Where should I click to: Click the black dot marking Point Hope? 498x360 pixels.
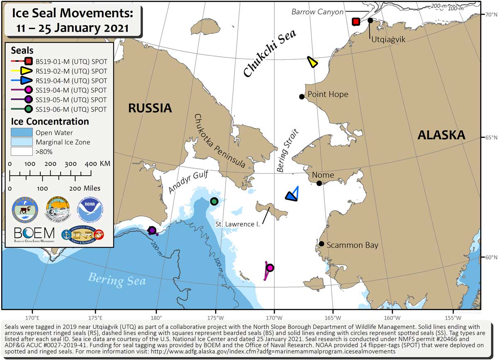click(302, 97)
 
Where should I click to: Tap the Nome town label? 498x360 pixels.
click(323, 175)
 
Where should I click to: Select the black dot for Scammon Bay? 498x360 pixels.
click(322, 244)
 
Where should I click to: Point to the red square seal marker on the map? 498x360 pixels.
click(356, 22)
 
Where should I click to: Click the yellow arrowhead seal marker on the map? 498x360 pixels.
click(312, 62)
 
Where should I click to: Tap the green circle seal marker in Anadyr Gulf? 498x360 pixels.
click(214, 201)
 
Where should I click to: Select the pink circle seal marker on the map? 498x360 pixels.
click(270, 268)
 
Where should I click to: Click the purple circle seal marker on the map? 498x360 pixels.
click(152, 230)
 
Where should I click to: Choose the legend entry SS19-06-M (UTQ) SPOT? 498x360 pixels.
click(71, 110)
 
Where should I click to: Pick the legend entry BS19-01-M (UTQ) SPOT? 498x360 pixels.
click(71, 61)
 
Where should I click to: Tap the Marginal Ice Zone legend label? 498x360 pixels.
click(63, 142)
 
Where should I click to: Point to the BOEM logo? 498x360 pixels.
click(34, 235)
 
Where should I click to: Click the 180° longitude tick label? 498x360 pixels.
click(156, 318)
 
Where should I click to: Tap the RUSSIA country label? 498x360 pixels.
click(150, 108)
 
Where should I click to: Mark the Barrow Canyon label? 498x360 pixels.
click(317, 12)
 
